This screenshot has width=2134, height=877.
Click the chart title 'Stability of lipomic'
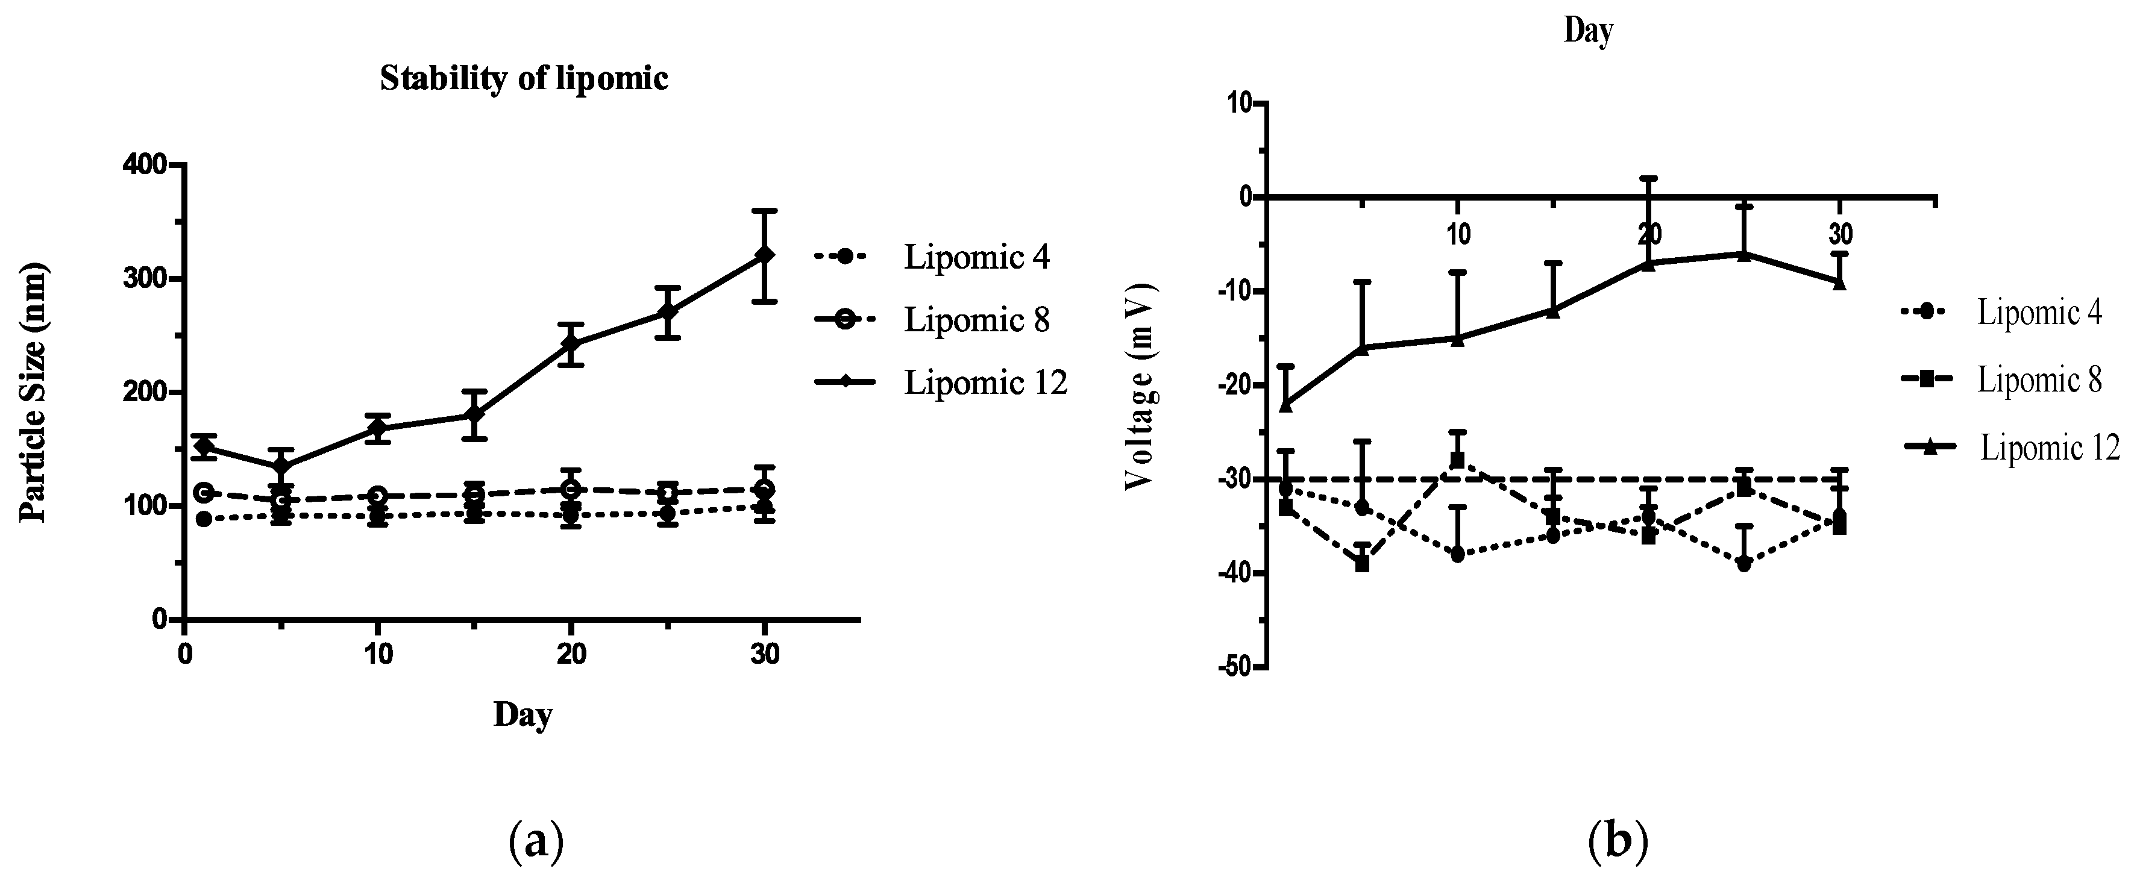524,79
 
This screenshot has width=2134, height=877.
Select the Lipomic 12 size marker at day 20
570,343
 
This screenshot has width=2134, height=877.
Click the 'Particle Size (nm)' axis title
33,393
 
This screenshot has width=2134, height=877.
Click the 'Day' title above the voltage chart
1588,31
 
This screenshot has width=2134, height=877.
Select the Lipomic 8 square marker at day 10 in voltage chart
1457,460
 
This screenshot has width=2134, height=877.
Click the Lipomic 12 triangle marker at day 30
1839,282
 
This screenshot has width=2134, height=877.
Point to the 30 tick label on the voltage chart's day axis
1840,234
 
